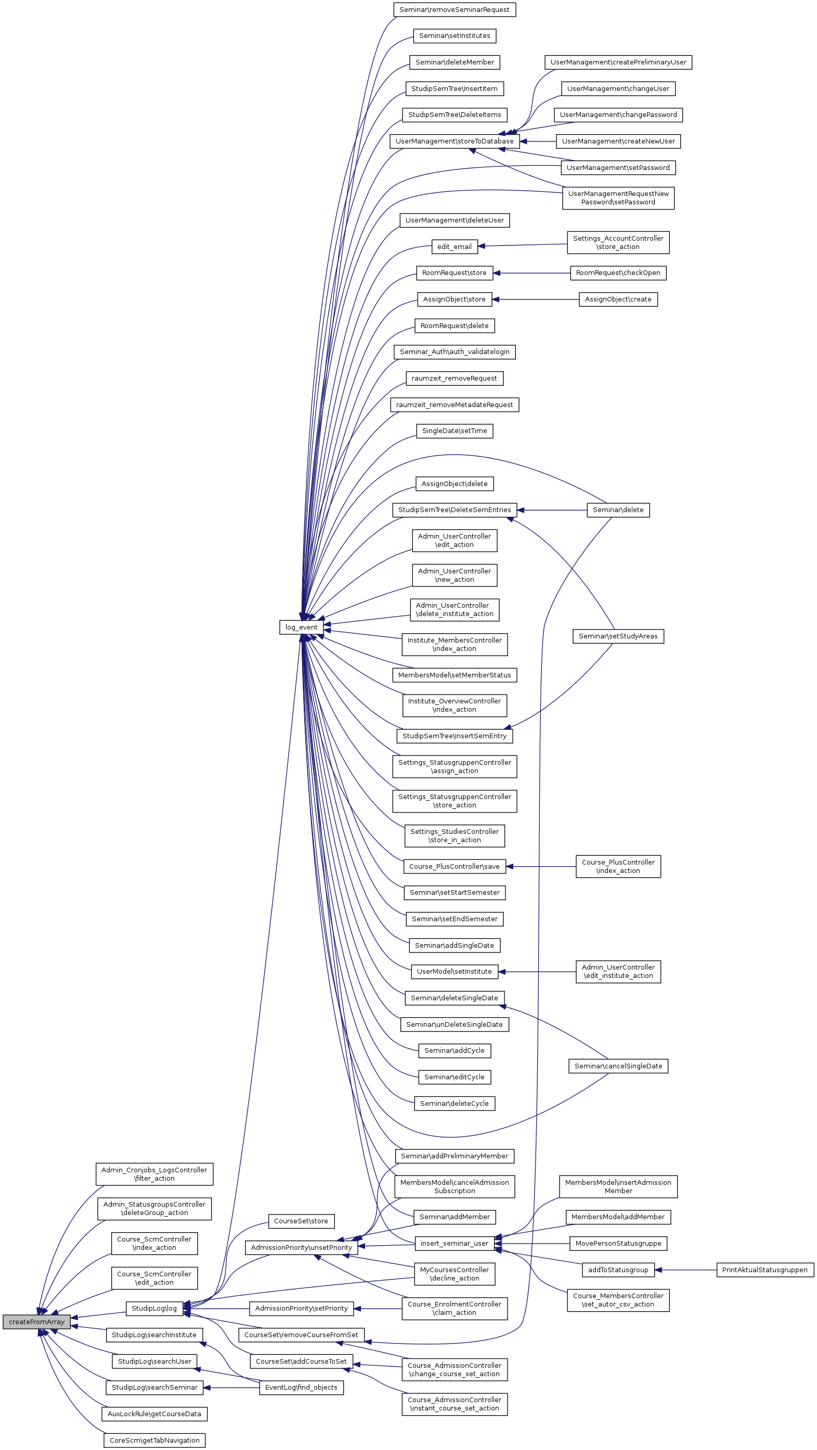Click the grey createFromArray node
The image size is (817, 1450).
coord(36,1322)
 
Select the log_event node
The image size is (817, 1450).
coord(301,627)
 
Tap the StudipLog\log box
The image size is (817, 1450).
coord(154,1308)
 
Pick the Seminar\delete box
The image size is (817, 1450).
coord(618,510)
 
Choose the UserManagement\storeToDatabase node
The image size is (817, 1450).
coord(455,141)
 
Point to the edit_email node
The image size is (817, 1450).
coord(455,246)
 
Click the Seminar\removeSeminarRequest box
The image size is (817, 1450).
coord(454,9)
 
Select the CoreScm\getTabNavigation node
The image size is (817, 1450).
coord(154,1441)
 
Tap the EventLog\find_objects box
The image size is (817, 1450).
coord(301,1388)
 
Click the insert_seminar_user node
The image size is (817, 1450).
coord(455,1244)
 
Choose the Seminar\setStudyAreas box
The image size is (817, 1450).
coord(618,636)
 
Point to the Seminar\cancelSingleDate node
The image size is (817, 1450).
coord(618,1066)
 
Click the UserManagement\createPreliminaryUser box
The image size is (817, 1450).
coord(618,62)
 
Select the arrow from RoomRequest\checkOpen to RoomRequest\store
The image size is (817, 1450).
coord(532,273)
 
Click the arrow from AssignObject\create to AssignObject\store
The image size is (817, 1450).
coord(535,299)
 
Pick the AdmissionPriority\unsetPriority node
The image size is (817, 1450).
coord(301,1248)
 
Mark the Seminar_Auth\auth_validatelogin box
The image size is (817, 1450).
coord(455,352)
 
